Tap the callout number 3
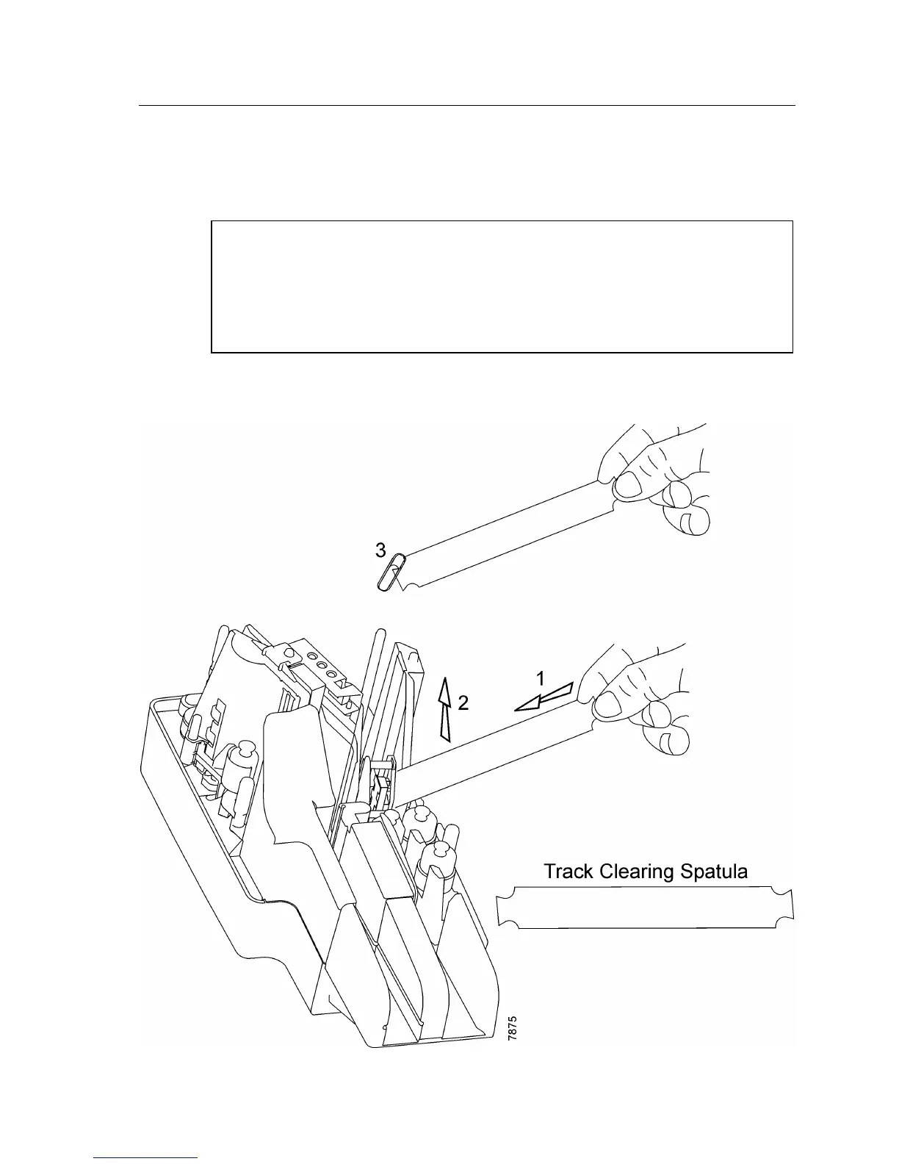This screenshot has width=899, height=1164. click(380, 550)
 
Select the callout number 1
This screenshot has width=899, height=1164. click(541, 676)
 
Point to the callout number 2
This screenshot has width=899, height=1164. click(463, 703)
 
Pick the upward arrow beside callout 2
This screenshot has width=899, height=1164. click(444, 709)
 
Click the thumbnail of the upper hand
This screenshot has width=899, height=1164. click(628, 486)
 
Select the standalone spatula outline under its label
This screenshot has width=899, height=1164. click(646, 907)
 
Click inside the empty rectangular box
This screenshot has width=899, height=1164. click(502, 287)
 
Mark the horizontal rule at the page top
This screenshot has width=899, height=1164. click(467, 106)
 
